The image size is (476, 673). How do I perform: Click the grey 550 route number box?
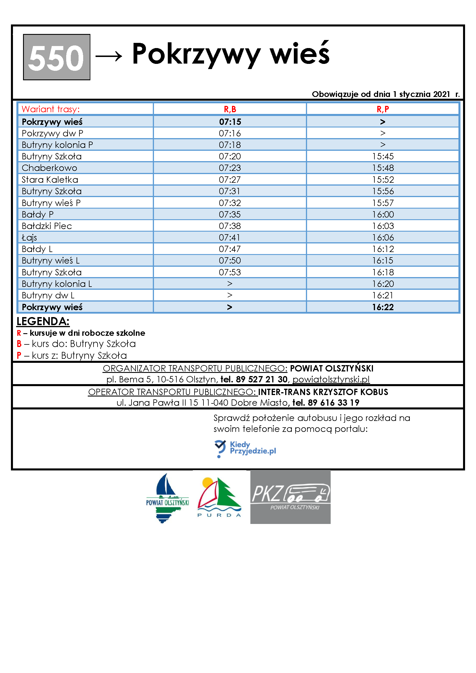(57, 57)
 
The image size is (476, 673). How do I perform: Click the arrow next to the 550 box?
(109, 56)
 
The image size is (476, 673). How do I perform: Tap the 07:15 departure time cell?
(230, 122)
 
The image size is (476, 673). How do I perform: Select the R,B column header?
(230, 109)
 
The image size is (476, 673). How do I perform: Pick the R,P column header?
(382, 109)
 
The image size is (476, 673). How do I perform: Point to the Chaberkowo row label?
(49, 168)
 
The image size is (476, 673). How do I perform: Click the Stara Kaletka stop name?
(50, 179)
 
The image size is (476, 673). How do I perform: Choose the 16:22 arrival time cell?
(382, 307)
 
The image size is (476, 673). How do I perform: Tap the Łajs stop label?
(29, 237)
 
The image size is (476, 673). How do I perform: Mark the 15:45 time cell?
(382, 156)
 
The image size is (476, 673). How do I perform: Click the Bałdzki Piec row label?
(47, 226)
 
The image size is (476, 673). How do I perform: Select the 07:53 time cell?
(230, 272)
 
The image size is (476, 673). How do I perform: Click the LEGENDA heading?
(43, 321)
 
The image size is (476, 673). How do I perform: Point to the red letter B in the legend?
(19, 344)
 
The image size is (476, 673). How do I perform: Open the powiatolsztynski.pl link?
(331, 379)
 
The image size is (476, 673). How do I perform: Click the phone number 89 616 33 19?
(334, 403)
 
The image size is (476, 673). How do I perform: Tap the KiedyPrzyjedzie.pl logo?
(245, 448)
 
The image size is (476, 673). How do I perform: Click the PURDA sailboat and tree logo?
(219, 497)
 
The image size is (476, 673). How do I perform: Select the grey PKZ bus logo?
(290, 497)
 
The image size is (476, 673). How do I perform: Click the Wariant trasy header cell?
(50, 109)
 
